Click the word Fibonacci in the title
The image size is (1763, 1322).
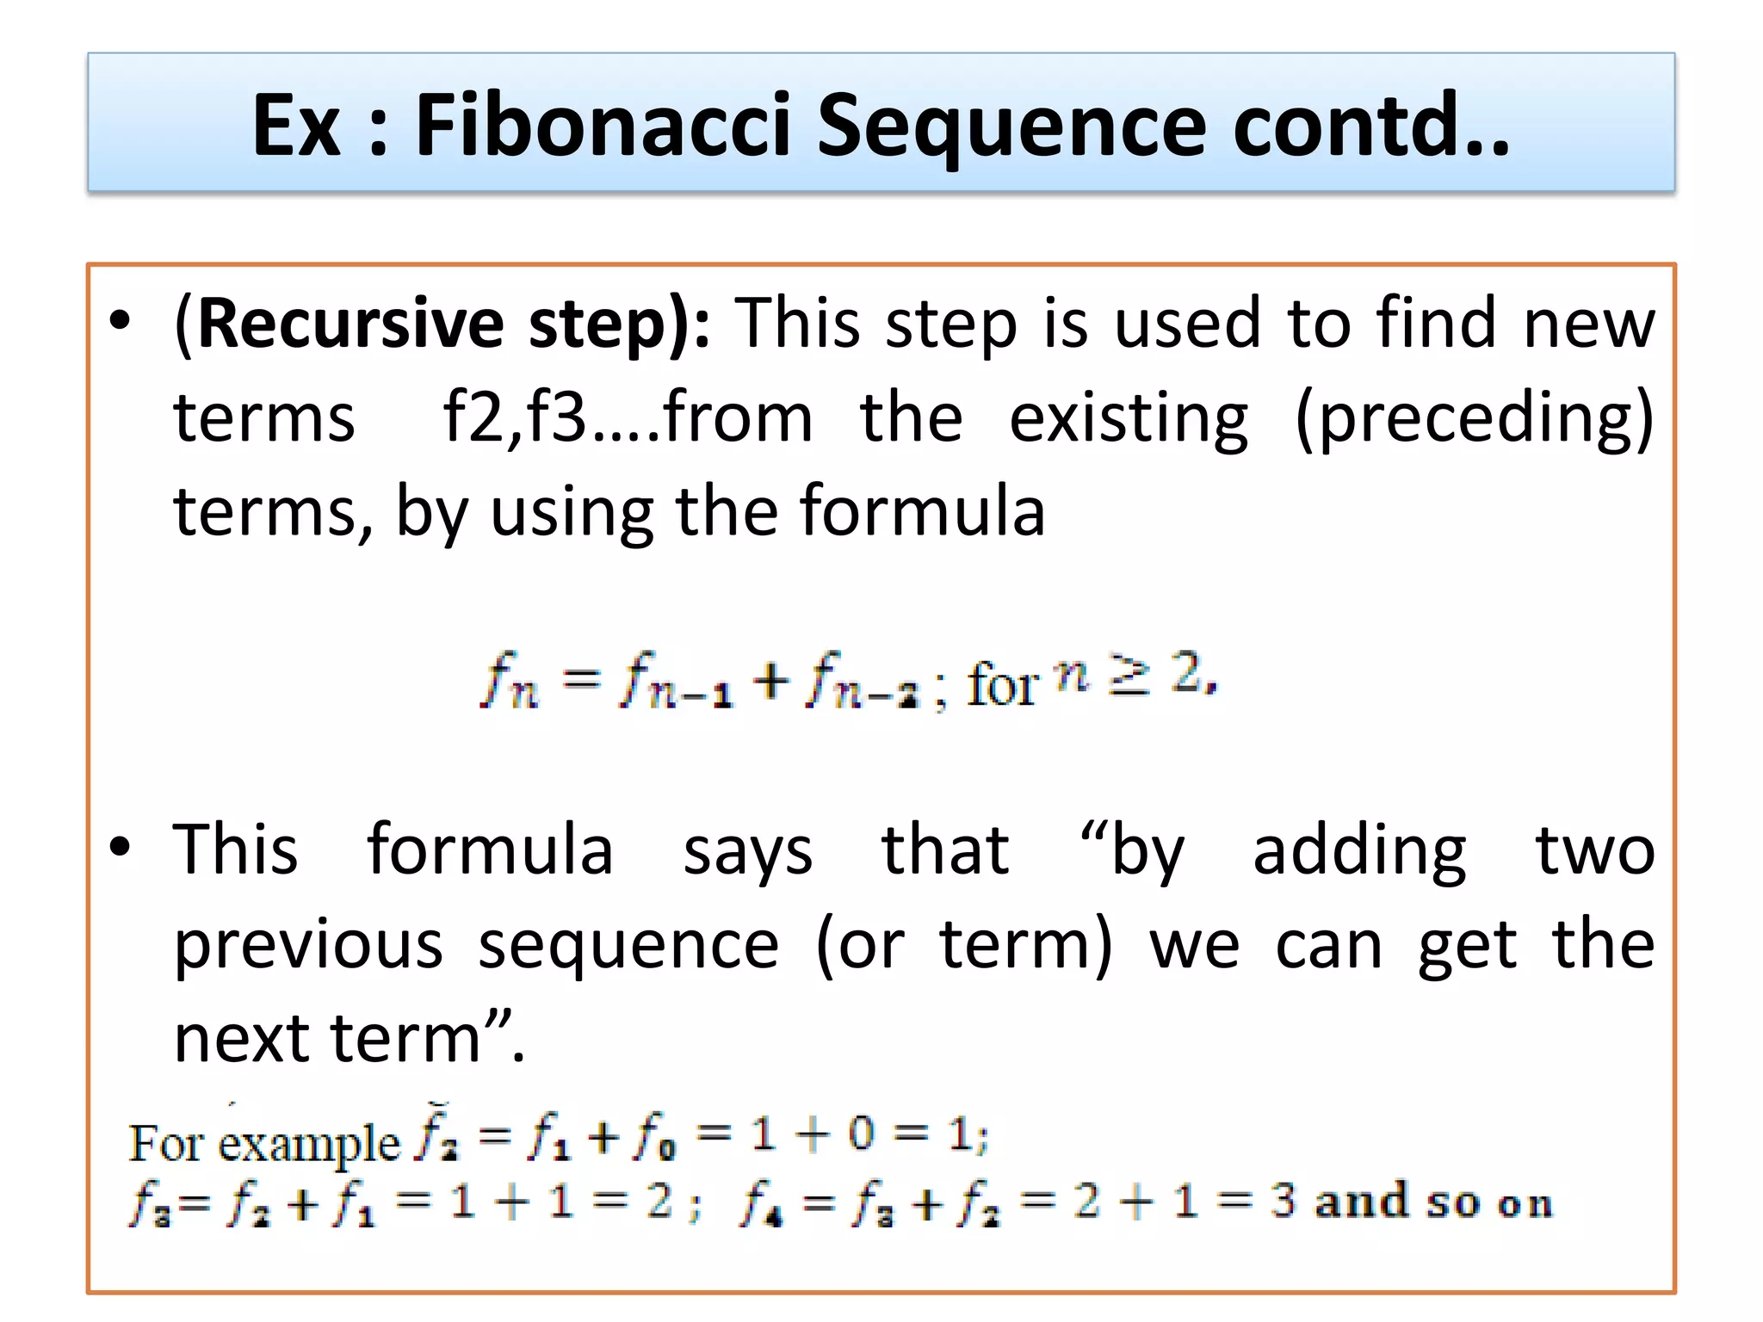tap(603, 126)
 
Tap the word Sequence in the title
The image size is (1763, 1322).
tap(1012, 127)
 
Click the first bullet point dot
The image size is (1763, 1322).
tap(121, 320)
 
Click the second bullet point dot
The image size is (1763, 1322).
tap(121, 847)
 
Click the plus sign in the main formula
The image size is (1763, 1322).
tap(770, 683)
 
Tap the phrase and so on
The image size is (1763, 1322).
tap(1433, 1202)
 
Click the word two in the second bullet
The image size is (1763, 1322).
tap(1595, 850)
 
